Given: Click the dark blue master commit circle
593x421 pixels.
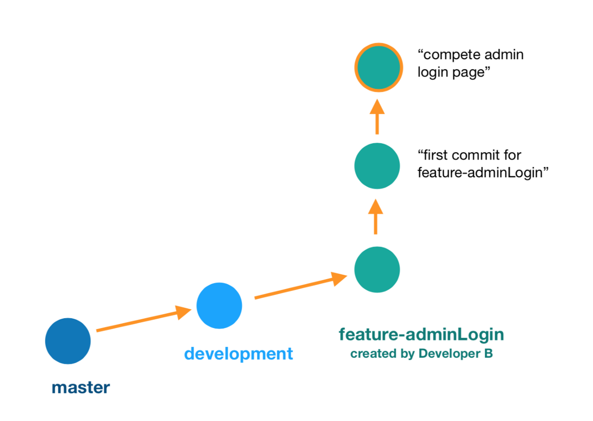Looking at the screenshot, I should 68,341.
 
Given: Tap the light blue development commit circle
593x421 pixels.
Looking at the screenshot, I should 219,305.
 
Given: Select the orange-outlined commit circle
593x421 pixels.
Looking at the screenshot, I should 378,67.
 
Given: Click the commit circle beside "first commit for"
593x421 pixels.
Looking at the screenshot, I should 377,166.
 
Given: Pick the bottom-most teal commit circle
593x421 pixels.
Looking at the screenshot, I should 377,270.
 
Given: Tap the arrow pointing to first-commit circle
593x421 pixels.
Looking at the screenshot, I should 376,216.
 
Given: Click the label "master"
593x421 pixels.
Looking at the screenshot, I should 81,387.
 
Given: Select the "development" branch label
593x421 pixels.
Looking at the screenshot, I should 238,354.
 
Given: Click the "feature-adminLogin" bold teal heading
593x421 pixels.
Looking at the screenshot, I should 421,335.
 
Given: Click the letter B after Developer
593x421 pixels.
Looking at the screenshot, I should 488,354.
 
